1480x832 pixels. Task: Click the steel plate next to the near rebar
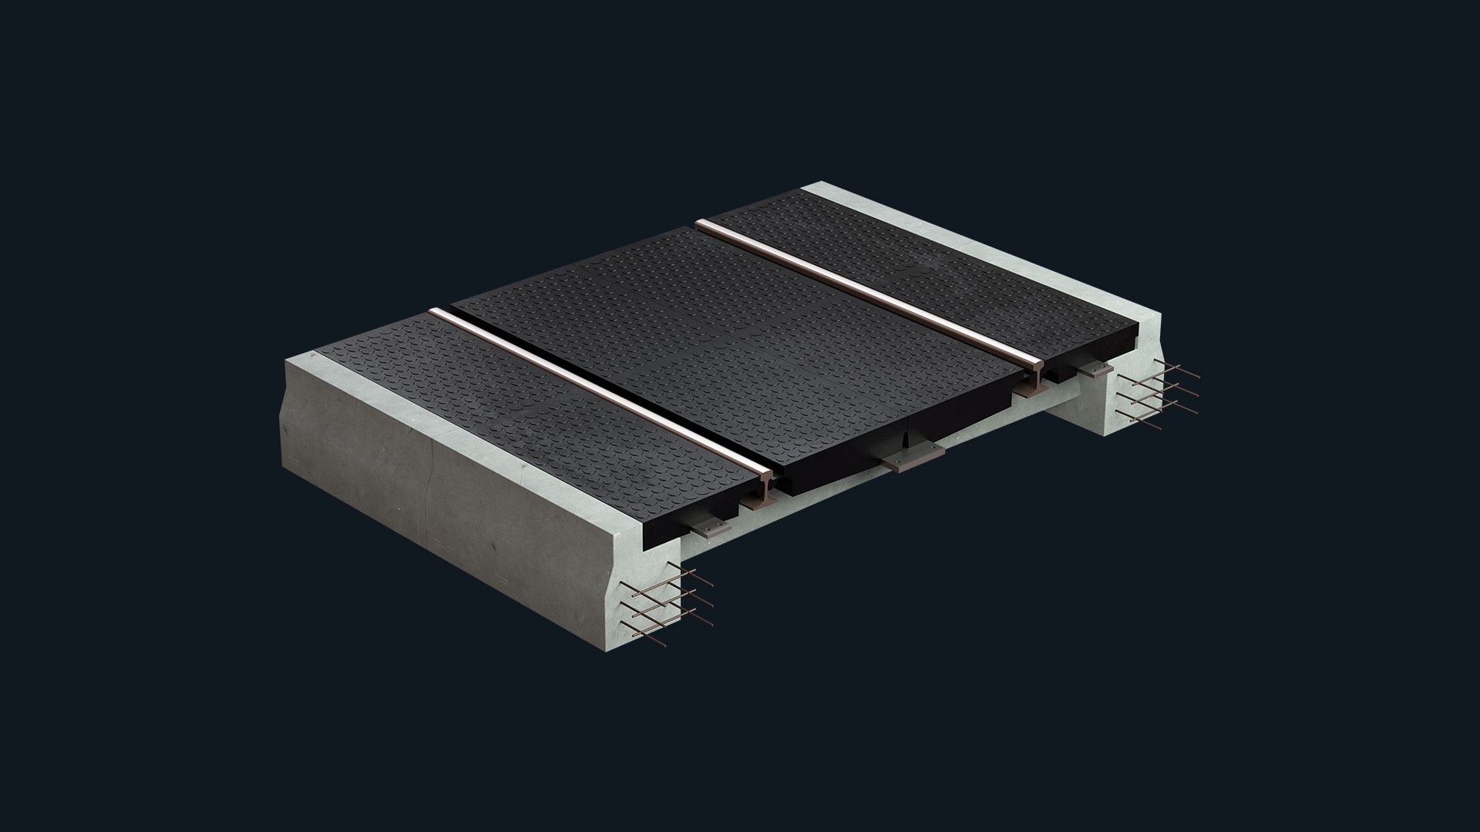pyautogui.click(x=708, y=528)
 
